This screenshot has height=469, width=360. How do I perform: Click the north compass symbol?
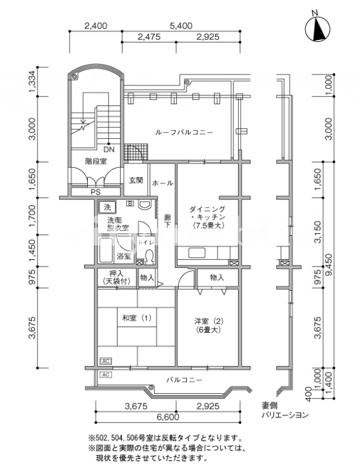[x=317, y=28]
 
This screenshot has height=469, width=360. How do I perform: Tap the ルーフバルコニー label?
[x=184, y=132]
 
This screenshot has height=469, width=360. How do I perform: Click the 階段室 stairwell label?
[x=96, y=162]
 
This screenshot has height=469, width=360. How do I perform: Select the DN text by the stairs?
[x=108, y=150]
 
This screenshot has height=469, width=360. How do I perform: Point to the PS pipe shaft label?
[x=96, y=192]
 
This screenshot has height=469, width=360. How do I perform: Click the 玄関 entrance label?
[x=136, y=181]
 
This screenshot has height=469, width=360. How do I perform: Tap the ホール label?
[x=162, y=183]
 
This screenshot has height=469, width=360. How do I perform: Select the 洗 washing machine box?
[x=107, y=207]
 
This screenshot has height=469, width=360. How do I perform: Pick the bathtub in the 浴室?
[x=106, y=251]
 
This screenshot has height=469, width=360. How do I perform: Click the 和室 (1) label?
[x=137, y=318]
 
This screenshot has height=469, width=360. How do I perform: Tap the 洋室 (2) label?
[x=209, y=321]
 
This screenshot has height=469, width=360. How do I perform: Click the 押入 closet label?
[x=116, y=273]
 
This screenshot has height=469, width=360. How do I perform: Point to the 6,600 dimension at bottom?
[x=168, y=417]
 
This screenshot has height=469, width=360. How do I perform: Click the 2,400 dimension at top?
[x=96, y=26]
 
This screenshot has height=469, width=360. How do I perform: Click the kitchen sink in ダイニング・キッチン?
[x=197, y=253]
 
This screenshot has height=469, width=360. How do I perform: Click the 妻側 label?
[x=269, y=406]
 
